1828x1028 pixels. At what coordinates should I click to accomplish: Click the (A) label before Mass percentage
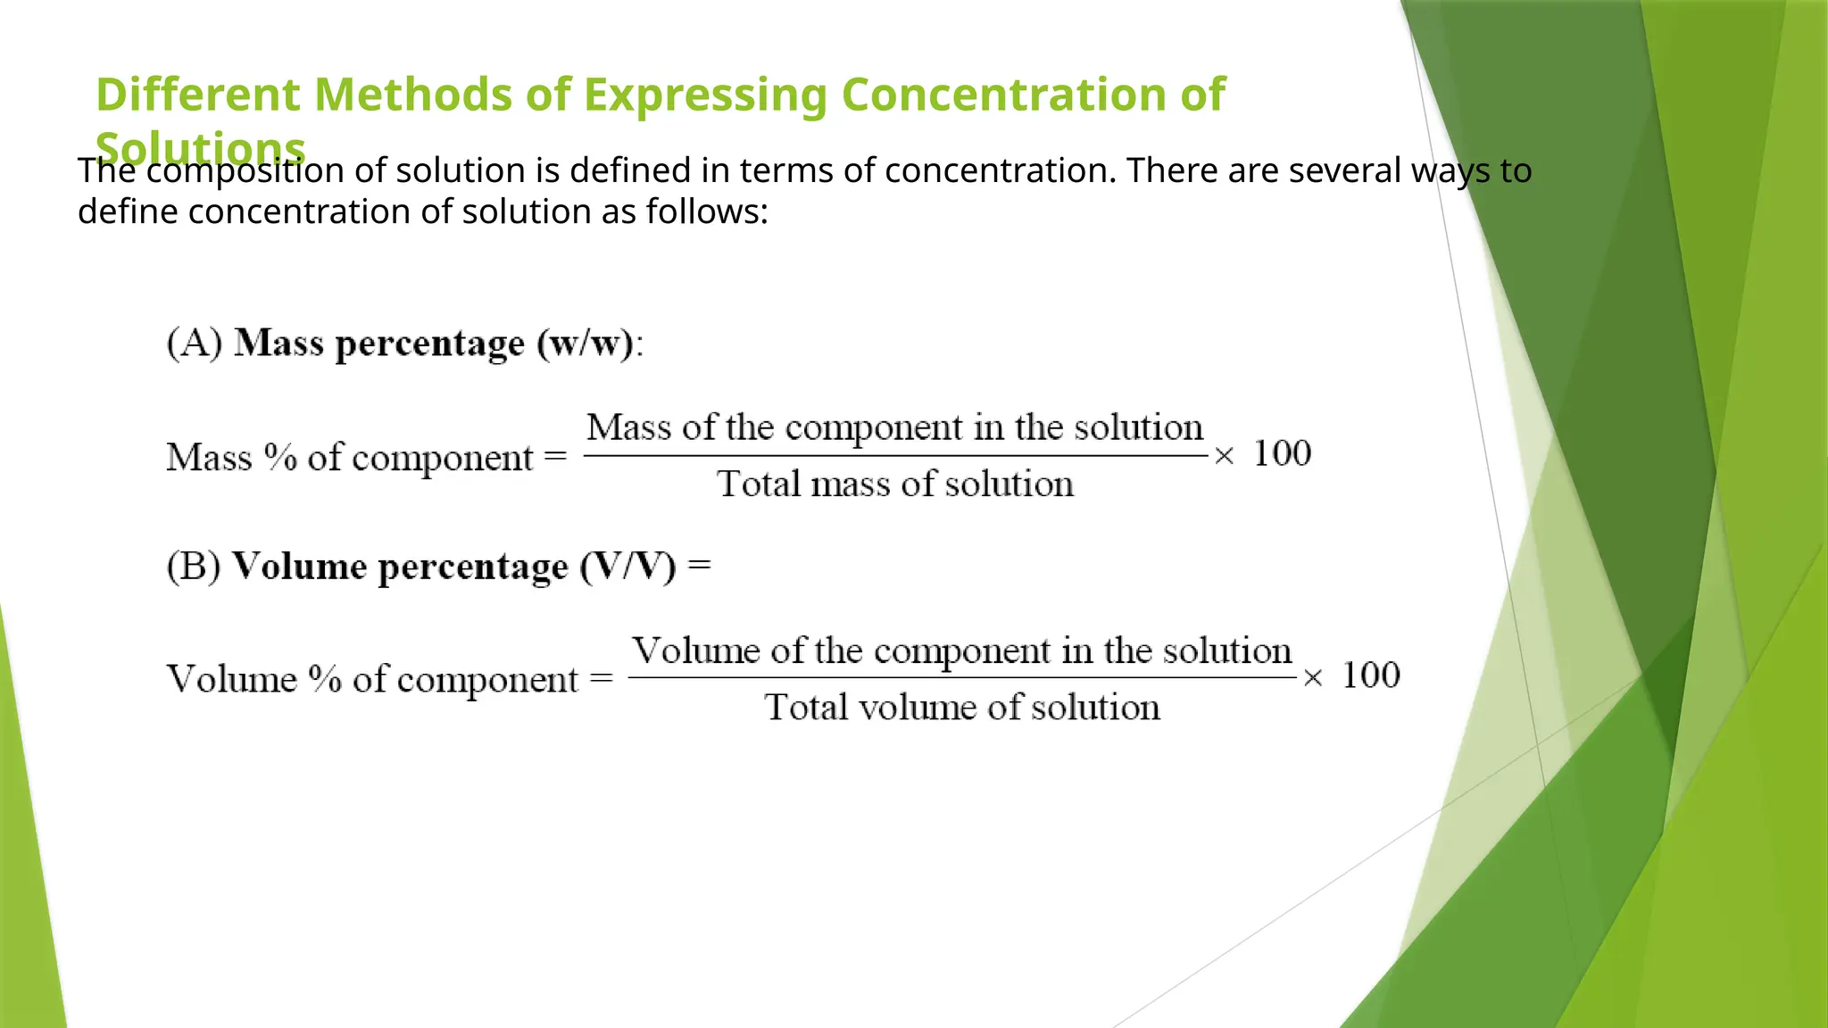(x=195, y=344)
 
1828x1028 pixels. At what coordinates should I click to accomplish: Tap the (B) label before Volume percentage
(x=194, y=568)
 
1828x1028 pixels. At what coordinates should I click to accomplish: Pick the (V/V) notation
(x=628, y=568)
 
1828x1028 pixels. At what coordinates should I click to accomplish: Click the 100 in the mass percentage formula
(x=1283, y=454)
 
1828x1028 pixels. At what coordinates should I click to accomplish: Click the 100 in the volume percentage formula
(x=1371, y=676)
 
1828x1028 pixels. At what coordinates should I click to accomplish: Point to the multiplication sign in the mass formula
(x=1224, y=457)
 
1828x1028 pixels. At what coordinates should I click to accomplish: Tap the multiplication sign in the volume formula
(x=1312, y=679)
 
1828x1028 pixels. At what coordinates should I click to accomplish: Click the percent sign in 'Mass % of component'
(x=280, y=458)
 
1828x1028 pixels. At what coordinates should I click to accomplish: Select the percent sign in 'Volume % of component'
(x=325, y=680)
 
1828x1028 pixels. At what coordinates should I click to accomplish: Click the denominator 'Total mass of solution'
(x=895, y=485)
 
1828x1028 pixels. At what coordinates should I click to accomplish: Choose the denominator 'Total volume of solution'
(x=962, y=708)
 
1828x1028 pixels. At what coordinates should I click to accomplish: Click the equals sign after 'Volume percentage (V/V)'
(x=700, y=566)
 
